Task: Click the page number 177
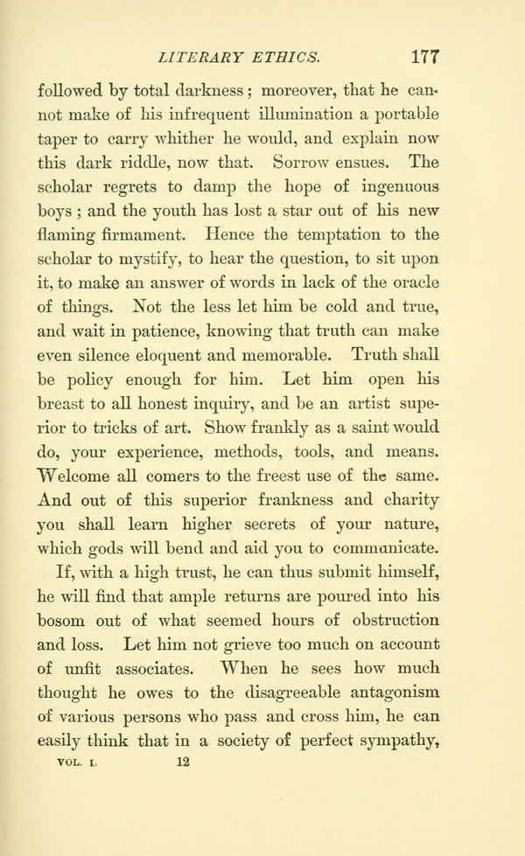click(423, 58)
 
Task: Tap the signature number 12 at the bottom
click(183, 760)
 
